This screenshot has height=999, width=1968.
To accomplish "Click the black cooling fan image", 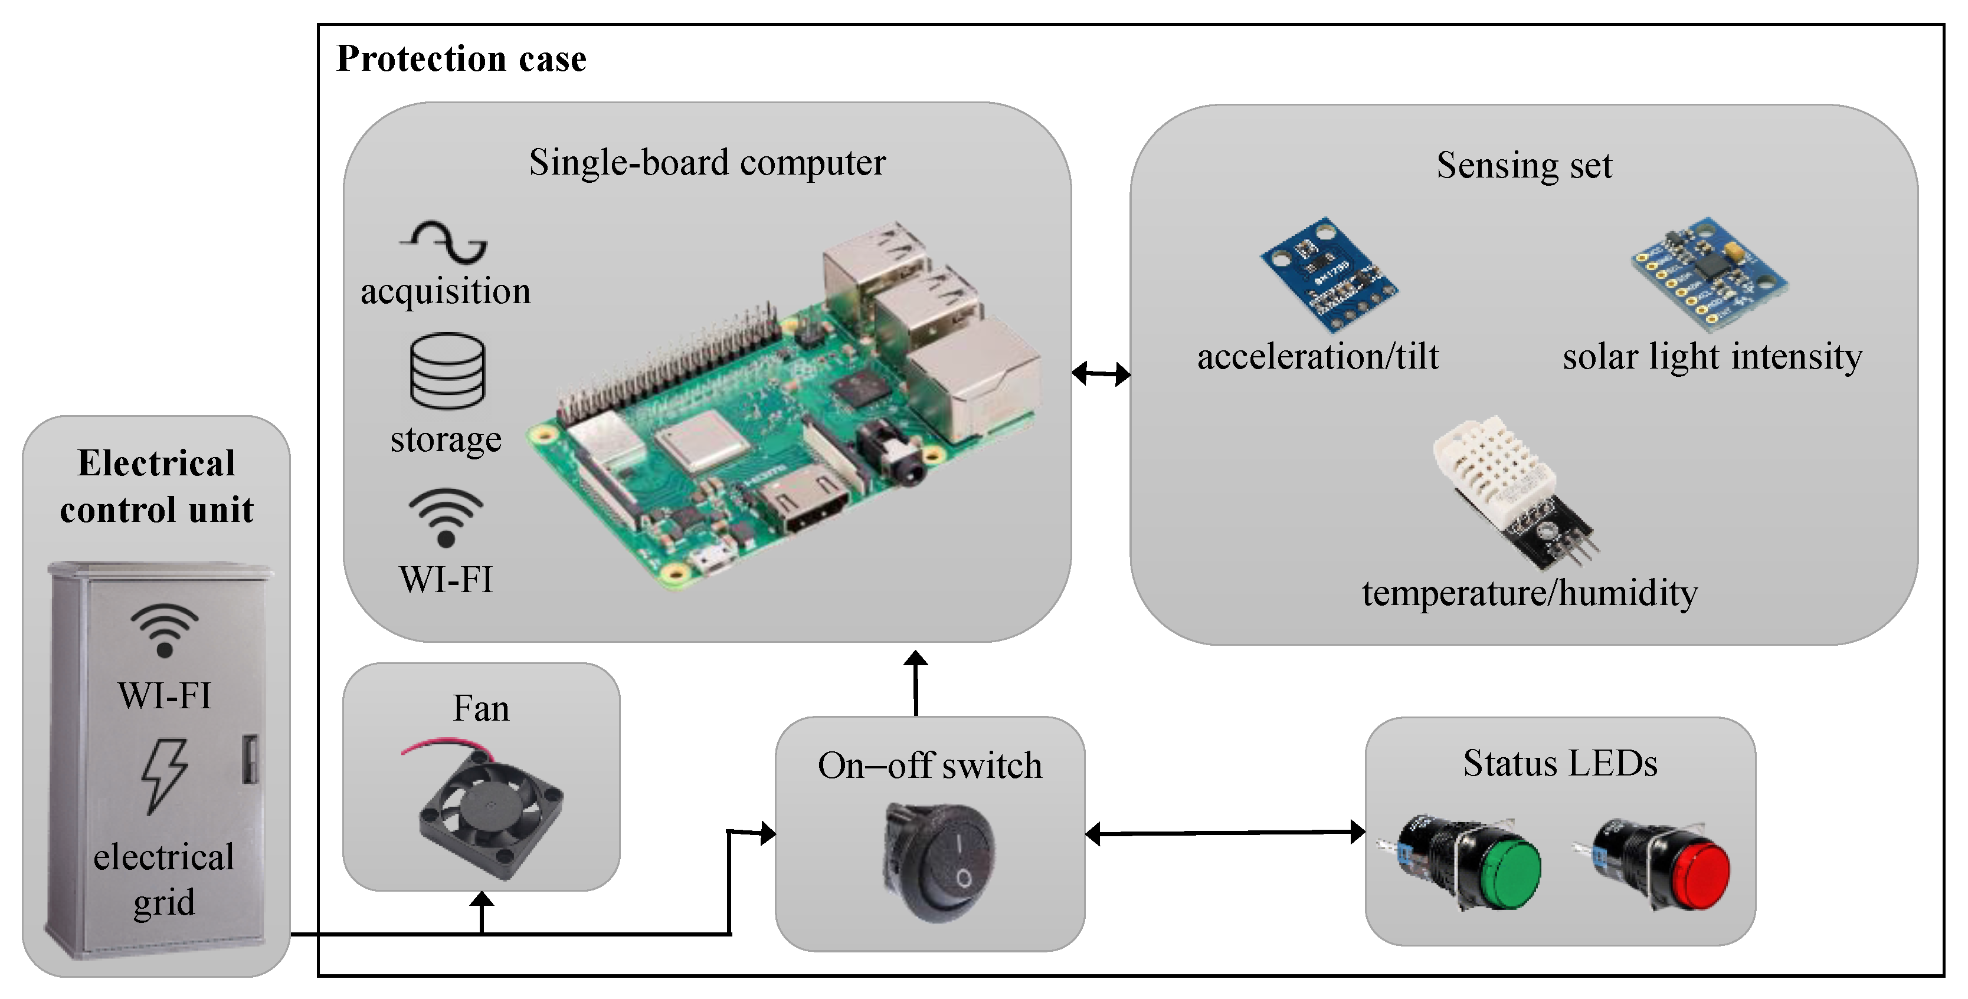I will click(490, 813).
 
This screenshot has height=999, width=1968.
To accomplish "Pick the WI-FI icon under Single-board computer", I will click(446, 516).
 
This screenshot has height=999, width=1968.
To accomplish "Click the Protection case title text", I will click(461, 59).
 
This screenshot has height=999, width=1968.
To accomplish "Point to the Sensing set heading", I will click(1524, 165).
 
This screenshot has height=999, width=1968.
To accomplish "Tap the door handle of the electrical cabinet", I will click(250, 758).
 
